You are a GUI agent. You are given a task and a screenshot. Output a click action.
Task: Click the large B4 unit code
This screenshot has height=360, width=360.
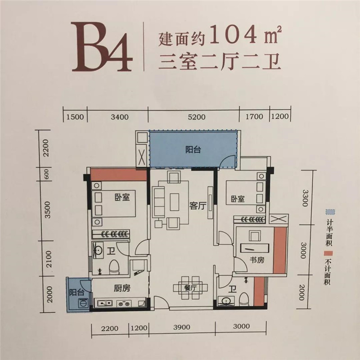pos(102,47)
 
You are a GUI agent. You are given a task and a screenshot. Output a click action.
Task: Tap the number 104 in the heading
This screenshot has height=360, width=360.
pos(233,35)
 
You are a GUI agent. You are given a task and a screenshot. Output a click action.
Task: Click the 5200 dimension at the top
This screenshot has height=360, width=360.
pos(197,117)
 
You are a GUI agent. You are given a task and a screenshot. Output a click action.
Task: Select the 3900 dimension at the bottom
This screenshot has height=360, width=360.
pos(182,327)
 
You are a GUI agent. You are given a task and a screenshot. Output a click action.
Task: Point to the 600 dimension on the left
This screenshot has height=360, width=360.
pos(46,174)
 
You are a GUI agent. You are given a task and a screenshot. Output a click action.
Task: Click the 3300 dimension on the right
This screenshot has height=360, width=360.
pos(305,198)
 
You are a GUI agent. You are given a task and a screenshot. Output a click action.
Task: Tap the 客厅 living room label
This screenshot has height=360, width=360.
pos(198,206)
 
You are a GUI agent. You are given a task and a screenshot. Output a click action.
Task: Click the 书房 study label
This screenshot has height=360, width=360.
pos(257,260)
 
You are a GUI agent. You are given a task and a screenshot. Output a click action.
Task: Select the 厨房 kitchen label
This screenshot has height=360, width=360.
pos(122,288)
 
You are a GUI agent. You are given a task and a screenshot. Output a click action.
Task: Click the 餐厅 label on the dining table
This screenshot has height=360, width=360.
pos(190,288)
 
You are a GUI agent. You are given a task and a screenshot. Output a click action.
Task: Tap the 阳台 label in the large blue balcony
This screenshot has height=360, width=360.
pos(193,149)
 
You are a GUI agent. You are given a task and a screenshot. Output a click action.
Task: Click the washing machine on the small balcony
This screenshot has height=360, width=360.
pos(82,303)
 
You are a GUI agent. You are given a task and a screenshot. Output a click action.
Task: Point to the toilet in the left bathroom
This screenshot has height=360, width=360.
pos(114,267)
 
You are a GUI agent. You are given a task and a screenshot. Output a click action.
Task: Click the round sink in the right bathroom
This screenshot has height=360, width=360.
pos(226,301)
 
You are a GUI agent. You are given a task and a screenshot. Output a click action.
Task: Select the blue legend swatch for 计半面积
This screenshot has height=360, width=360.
pos(330,212)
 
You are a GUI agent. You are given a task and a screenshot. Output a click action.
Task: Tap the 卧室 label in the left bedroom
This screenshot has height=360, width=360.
pos(122,197)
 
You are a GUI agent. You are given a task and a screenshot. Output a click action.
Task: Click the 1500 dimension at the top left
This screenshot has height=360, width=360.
pos(75,117)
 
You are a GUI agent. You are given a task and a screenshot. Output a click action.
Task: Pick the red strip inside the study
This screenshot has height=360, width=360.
pos(280,250)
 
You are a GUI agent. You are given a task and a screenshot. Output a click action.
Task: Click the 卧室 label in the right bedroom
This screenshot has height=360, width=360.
pos(238,199)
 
